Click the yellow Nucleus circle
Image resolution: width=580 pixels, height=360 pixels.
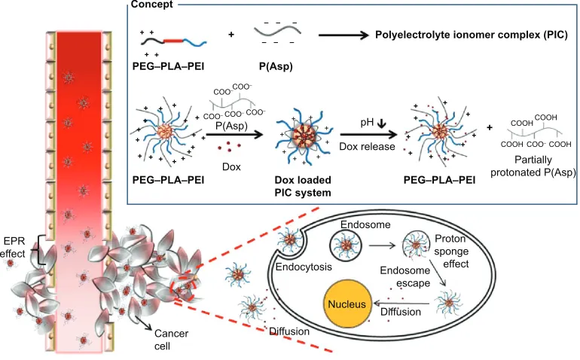[347, 304]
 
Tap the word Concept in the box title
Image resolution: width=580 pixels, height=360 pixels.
[151, 5]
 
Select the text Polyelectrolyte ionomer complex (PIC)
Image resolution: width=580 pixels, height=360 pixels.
[472, 35]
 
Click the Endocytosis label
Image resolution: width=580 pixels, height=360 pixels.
[304, 267]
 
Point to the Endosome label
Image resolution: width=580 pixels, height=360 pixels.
[365, 224]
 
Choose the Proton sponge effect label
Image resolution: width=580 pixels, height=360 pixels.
[451, 252]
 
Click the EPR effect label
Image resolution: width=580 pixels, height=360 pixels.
[14, 248]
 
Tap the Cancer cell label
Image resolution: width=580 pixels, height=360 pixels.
[171, 340]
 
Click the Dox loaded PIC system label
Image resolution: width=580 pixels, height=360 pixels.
[303, 187]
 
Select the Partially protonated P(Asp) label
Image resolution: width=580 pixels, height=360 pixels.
[533, 166]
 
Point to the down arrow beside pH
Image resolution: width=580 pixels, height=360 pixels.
[381, 124]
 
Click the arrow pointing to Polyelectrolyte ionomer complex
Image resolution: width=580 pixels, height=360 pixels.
[343, 35]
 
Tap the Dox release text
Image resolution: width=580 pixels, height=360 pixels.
[367, 147]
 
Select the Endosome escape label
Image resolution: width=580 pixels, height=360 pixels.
[405, 276]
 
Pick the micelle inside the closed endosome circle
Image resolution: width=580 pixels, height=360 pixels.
[346, 245]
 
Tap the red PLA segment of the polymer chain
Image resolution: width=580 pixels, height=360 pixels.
[173, 41]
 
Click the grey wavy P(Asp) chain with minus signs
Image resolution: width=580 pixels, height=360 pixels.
[277, 30]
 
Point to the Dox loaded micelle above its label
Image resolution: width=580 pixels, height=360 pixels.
[304, 136]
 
